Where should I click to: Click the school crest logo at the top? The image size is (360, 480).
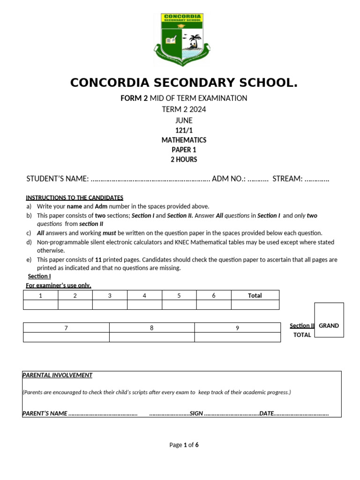pos(182,40)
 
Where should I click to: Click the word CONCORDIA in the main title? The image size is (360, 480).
pos(109,83)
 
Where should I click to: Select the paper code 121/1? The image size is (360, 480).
pos(184,131)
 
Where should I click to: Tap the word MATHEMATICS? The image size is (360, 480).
pos(184,140)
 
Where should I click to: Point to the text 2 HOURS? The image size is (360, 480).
pos(184,159)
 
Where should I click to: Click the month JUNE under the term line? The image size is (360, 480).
pos(184,120)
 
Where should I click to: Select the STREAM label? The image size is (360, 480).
pos(287,179)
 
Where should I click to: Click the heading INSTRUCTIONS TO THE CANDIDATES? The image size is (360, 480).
pos(75,198)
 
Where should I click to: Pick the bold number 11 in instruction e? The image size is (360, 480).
pos(98,260)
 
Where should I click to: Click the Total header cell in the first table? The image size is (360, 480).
pos(255,295)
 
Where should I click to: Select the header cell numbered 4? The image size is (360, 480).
pos(144,295)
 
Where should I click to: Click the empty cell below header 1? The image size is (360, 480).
pos(41,305)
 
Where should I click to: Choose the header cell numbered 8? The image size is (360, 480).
pos(152,328)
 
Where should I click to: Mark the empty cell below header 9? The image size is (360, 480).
pos(237,337)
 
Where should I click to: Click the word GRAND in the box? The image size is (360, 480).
pos(329,326)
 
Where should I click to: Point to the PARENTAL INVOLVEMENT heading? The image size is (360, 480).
pos(58,375)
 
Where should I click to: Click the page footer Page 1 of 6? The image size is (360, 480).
pos(184,445)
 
